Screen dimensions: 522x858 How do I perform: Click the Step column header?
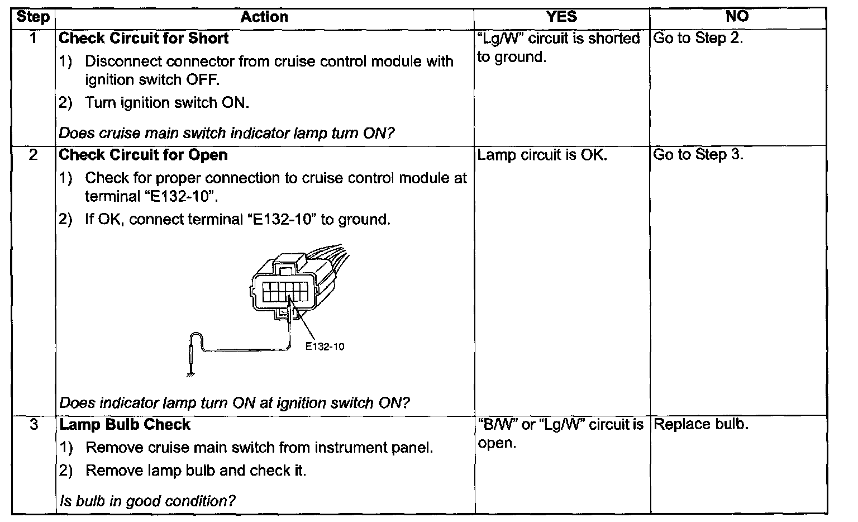[x=33, y=17]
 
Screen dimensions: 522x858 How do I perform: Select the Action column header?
[x=264, y=17]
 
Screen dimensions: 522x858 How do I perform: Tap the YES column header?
[x=561, y=17]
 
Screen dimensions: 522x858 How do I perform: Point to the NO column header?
[x=737, y=17]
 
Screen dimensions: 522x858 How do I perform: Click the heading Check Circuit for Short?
[x=144, y=38]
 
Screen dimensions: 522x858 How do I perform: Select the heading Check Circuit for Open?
[x=143, y=155]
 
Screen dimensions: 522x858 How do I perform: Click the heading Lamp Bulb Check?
[x=125, y=425]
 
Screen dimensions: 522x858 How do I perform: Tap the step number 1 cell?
[x=33, y=38]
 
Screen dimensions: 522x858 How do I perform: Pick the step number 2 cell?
[x=33, y=155]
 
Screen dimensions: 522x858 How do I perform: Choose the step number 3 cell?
[x=33, y=425]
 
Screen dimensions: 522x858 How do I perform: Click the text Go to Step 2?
[x=698, y=38]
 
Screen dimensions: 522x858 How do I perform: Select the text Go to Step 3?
[x=698, y=155]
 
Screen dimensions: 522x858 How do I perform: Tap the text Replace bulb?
[x=700, y=424]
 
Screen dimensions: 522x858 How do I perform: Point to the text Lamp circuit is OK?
[x=542, y=155]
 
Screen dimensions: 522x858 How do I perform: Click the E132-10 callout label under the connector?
[x=325, y=347]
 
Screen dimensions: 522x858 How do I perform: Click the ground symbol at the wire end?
[x=190, y=375]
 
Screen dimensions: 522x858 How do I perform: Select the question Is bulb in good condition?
[x=147, y=501]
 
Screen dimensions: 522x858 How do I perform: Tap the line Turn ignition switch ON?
[x=167, y=103]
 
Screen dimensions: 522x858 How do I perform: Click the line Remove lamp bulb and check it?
[x=196, y=471]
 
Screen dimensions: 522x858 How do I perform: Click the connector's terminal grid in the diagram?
[x=284, y=292]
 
